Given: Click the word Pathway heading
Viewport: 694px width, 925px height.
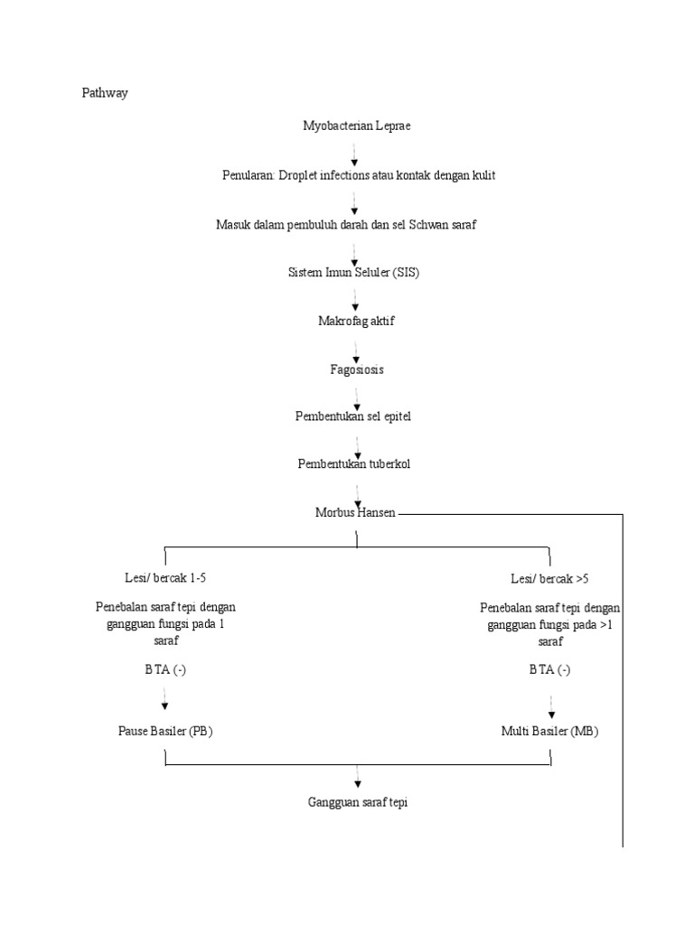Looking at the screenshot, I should (105, 93).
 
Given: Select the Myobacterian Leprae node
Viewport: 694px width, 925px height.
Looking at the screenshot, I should (356, 126).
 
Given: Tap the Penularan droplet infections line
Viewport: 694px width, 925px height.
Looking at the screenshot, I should (359, 175).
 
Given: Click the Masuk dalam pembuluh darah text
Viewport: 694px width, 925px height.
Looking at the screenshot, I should (346, 224).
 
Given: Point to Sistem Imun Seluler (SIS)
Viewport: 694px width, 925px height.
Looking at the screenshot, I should (353, 273).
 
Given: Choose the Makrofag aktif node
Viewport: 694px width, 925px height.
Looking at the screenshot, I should (356, 322).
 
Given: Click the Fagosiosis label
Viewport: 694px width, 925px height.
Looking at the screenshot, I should (356, 369).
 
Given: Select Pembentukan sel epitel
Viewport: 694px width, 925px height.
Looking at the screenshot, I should (353, 416).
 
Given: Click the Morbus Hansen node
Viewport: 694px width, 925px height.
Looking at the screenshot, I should (355, 512).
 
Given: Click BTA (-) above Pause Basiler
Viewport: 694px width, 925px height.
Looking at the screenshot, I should (164, 669).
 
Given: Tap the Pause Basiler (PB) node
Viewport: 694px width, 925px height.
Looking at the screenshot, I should (165, 731).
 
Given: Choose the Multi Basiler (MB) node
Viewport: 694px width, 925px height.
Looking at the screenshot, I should (550, 731).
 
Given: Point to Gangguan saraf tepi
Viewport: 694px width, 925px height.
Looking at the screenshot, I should (358, 801).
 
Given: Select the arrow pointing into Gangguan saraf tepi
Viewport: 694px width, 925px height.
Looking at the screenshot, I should (358, 777).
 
